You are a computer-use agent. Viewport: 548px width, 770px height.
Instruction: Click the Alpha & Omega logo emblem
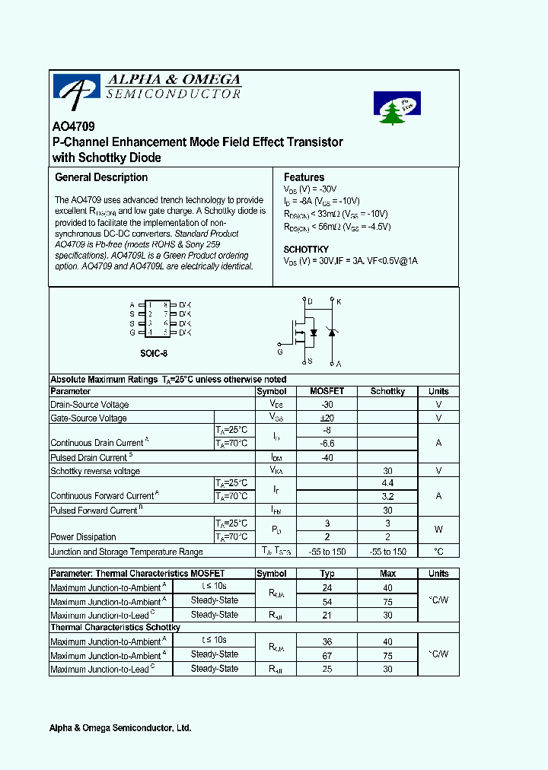76,88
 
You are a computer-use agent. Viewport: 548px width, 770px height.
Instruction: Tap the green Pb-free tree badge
397,109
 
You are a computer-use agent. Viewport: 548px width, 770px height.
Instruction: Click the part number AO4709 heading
73,128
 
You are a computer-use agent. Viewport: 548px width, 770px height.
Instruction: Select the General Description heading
101,177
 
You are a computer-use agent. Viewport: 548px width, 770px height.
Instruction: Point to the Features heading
304,177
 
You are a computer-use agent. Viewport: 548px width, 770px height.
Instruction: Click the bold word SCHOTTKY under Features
306,250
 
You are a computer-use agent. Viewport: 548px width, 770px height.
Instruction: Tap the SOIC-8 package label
154,354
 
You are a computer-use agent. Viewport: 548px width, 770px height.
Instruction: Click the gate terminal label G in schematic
279,352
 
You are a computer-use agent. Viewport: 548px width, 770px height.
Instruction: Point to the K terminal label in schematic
339,302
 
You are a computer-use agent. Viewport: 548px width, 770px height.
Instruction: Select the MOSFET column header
327,391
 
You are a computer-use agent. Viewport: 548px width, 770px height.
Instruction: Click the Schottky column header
387,391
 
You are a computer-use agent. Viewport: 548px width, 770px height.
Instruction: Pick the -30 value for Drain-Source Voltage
327,405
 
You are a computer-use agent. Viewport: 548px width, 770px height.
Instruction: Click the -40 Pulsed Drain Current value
327,457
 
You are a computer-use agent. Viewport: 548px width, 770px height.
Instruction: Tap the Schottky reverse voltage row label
95,471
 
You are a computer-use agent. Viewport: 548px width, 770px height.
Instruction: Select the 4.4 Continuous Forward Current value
387,483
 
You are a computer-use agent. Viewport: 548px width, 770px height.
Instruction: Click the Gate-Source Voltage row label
88,418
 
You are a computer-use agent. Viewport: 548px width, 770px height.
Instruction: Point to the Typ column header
327,574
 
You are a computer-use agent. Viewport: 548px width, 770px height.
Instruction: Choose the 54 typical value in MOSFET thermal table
327,601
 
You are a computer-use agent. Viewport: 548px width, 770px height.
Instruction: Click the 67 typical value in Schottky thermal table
327,654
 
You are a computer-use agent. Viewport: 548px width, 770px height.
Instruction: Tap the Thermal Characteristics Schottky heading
115,627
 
